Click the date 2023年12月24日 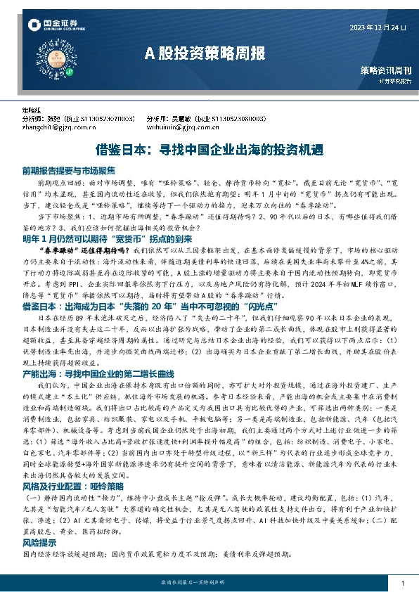(378, 27)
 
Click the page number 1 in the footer (401, 584)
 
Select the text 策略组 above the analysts (30, 111)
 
